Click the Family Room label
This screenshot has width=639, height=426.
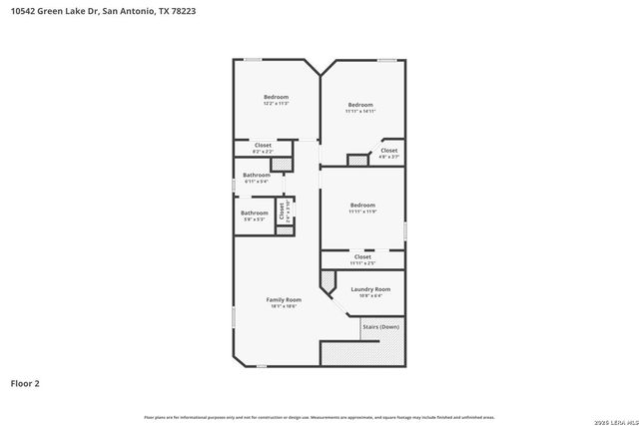pyautogui.click(x=284, y=299)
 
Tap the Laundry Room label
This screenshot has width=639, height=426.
pyautogui.click(x=370, y=289)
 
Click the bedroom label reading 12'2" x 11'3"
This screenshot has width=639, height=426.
pyautogui.click(x=276, y=98)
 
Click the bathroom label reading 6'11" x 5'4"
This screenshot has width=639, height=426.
pyautogui.click(x=256, y=178)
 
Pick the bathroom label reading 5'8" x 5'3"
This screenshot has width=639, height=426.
pyautogui.click(x=254, y=214)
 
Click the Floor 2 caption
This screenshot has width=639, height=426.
pyautogui.click(x=25, y=382)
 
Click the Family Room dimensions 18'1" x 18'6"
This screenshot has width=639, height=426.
pyautogui.click(x=284, y=306)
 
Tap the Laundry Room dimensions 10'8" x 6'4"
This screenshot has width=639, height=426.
pyautogui.click(x=370, y=295)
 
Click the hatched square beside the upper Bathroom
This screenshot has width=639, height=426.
pyautogui.click(x=283, y=162)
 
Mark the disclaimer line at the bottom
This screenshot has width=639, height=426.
pyautogui.click(x=319, y=416)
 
